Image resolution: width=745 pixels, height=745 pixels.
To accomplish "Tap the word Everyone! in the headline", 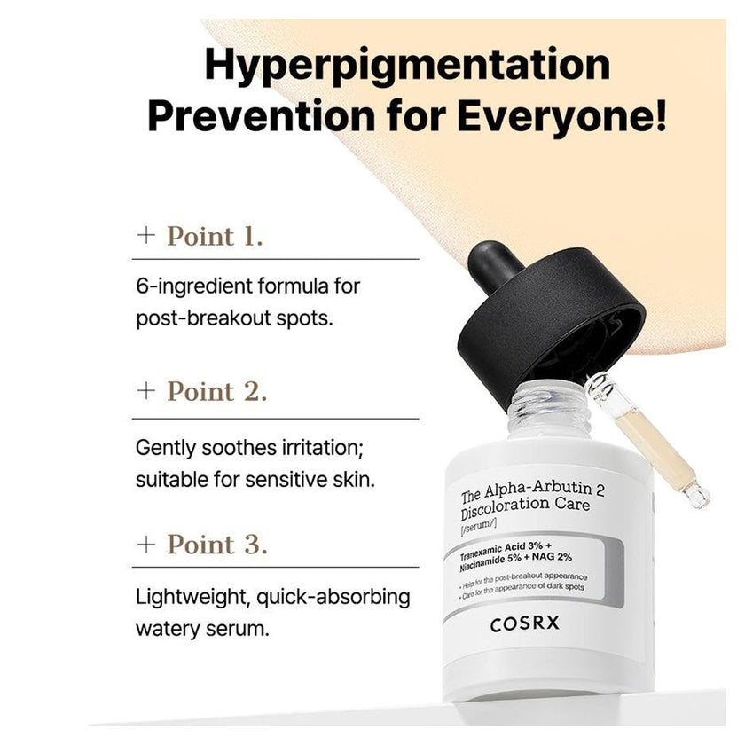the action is (562, 116).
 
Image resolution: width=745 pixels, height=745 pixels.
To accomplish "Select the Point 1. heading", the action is (215, 236).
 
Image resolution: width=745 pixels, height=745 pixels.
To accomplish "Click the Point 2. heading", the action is (217, 391).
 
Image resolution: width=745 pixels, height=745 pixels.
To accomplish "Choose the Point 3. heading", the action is (217, 545).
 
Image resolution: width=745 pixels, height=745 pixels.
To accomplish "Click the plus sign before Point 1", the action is (145, 235).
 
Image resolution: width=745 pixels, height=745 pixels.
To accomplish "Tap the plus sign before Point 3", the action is (145, 544).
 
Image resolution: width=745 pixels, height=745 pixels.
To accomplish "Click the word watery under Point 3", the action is (168, 629).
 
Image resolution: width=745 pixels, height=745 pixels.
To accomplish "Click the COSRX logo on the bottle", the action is (524, 623).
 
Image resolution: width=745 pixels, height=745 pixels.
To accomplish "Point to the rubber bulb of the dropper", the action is (494, 263).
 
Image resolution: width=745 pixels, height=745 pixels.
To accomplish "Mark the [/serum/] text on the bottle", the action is (478, 526).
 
